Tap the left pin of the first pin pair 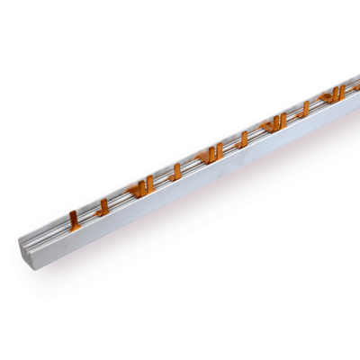pos(140,186)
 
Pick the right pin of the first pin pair pos(149,183)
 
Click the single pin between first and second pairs pos(176,170)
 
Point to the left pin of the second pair pos(210,154)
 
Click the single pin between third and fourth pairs pos(305,109)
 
